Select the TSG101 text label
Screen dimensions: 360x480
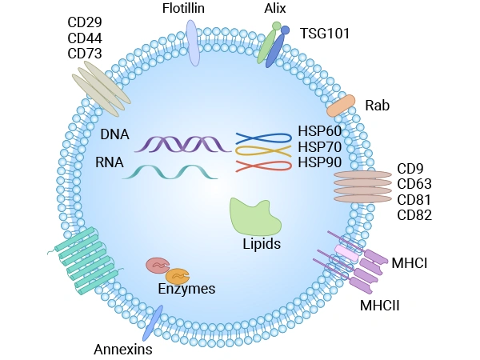325,33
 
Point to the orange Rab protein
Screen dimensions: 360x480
341,106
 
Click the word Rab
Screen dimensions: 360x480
378,105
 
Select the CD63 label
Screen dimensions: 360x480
414,184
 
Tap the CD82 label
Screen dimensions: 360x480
414,214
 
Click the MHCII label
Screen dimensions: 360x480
379,305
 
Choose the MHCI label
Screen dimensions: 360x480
410,262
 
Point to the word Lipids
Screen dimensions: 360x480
262,244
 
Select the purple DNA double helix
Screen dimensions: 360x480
178,144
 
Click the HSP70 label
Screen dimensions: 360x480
318,147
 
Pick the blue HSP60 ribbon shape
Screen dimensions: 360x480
263,137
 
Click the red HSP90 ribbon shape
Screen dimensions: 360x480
263,166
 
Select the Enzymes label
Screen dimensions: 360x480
186,289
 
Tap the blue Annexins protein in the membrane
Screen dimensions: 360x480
152,322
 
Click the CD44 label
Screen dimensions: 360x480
86,37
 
